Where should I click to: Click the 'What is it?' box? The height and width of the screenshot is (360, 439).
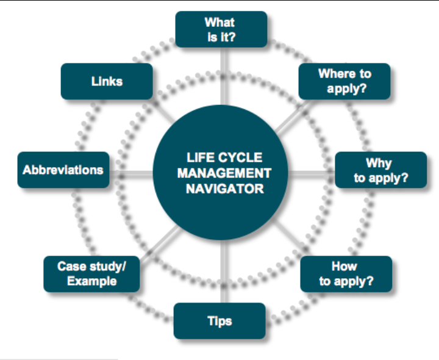coord(221,29)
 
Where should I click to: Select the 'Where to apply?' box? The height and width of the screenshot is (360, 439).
coord(344,81)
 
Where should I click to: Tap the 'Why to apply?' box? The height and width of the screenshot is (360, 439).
coord(380,170)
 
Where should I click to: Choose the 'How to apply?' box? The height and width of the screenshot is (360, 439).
coord(346,274)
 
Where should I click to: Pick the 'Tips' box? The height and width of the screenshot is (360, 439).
coord(220,321)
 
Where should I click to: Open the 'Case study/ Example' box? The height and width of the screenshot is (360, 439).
coord(91,274)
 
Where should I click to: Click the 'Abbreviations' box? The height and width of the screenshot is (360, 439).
coord(63,170)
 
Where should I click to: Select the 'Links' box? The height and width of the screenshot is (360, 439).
coord(107,81)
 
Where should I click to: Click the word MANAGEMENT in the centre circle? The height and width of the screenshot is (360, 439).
coord(224,173)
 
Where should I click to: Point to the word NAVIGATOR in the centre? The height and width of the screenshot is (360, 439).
coord(225,189)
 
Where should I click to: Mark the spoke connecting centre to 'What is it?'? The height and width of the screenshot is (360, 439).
coord(224,76)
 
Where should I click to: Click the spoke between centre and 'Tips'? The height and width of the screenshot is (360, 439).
coord(224,271)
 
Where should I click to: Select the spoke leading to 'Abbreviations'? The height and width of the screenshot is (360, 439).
coord(131,175)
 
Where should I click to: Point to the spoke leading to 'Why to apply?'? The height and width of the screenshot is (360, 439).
coord(312,175)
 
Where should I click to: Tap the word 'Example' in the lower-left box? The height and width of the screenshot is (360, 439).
coord(92,281)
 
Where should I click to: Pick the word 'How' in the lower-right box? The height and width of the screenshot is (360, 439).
coord(344,266)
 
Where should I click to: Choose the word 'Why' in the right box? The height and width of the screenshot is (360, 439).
coord(379,164)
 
